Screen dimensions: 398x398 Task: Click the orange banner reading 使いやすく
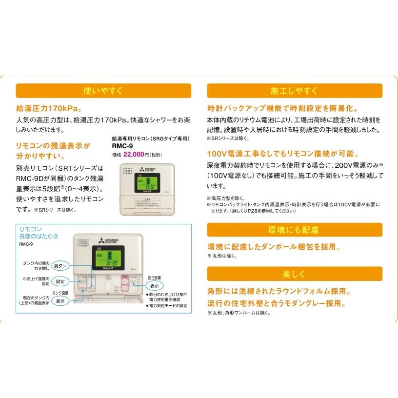[x=103, y=91]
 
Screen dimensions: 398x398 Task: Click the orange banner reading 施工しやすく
[x=294, y=91]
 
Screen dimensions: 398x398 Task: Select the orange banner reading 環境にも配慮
[x=294, y=230]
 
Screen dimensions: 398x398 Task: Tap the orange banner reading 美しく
[x=294, y=274]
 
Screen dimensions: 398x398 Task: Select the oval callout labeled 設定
[x=60, y=281]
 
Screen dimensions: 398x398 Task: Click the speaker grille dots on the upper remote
[x=127, y=171]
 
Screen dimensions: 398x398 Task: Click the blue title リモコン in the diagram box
[x=31, y=229]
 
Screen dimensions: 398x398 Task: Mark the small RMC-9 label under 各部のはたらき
[x=26, y=244]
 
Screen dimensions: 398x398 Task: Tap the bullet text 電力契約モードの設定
[x=168, y=305]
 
